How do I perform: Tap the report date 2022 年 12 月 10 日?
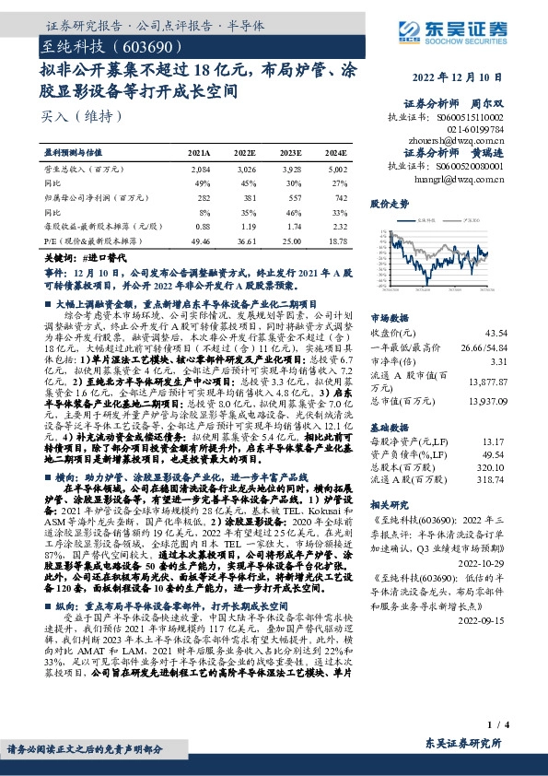[x=487, y=77]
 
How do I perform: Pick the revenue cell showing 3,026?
[x=244, y=170]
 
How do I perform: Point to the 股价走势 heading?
[x=389, y=202]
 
